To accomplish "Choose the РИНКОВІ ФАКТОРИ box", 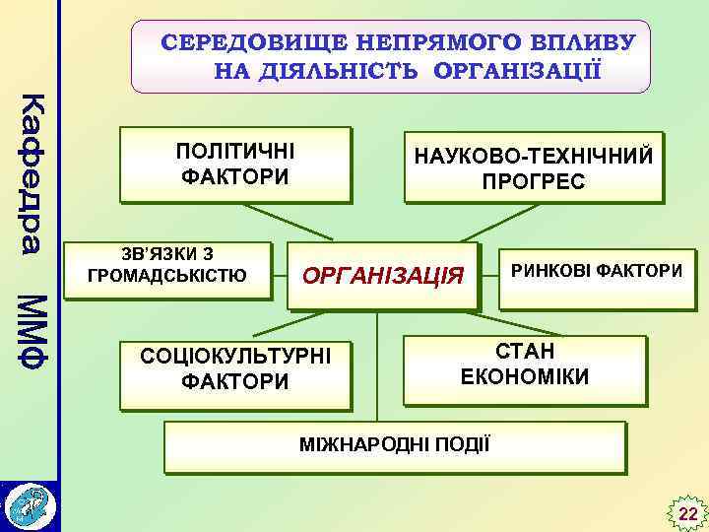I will point(595,269).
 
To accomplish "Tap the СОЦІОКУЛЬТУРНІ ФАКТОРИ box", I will point(235,367).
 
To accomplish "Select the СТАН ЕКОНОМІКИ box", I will point(525,365).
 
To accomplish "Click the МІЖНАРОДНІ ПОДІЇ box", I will point(394,444).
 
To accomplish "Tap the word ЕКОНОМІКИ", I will point(525,377).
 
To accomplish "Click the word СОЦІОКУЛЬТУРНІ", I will point(235,355).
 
